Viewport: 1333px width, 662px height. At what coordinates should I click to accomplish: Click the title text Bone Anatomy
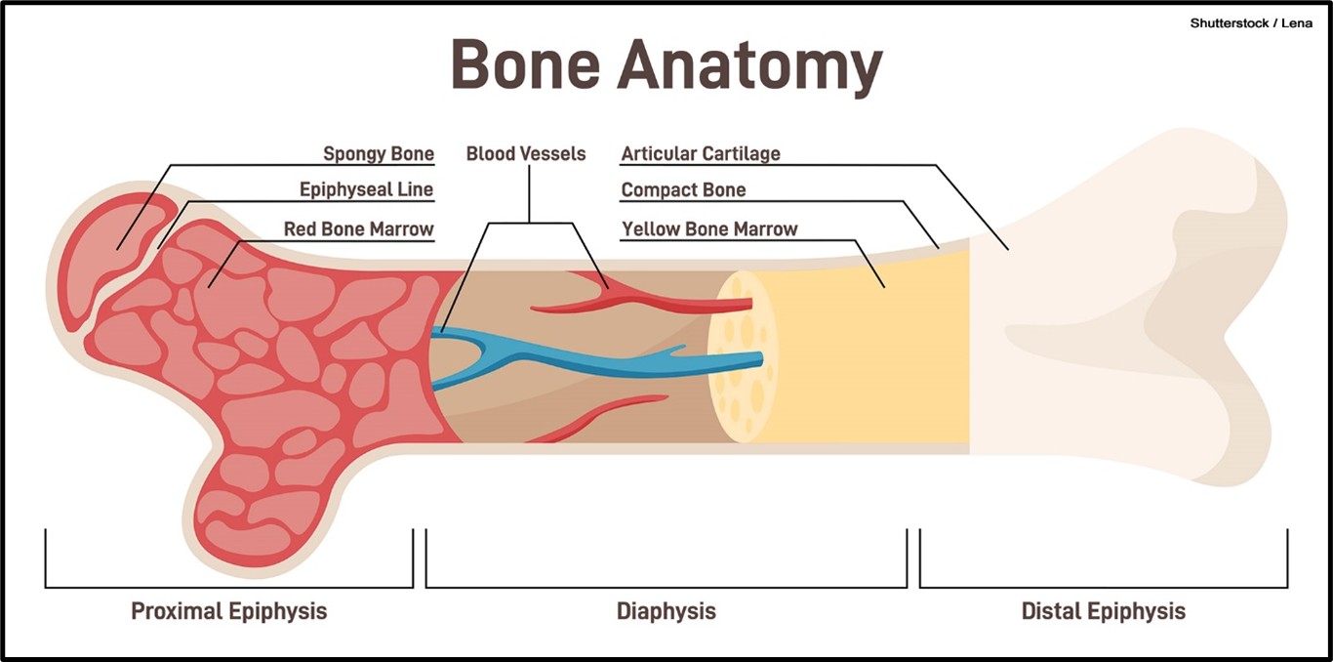pyautogui.click(x=666, y=66)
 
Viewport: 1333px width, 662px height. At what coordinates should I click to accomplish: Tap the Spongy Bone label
pyautogui.click(x=379, y=154)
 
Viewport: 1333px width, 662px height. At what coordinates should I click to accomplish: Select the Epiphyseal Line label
pyautogui.click(x=366, y=189)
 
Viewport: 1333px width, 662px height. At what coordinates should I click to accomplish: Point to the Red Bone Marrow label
pyautogui.click(x=358, y=229)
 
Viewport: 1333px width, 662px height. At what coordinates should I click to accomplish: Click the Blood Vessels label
pyautogui.click(x=526, y=154)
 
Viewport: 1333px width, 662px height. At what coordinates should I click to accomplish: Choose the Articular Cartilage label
pyautogui.click(x=701, y=154)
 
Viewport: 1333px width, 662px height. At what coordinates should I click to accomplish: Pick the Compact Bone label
pyautogui.click(x=683, y=190)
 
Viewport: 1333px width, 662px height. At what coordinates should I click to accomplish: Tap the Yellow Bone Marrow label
pyautogui.click(x=709, y=229)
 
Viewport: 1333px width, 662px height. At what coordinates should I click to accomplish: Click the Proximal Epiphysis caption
pyautogui.click(x=229, y=612)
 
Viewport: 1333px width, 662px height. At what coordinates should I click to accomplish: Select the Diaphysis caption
pyautogui.click(x=666, y=612)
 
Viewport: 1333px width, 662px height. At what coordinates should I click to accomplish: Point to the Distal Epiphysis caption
pyautogui.click(x=1104, y=612)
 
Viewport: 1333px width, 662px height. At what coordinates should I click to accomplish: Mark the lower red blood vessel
pyautogui.click(x=605, y=415)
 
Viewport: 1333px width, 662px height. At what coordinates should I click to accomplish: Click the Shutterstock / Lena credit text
pyautogui.click(x=1251, y=23)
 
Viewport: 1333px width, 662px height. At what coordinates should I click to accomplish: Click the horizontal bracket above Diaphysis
pyautogui.click(x=666, y=587)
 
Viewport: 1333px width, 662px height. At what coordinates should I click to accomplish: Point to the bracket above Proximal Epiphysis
pyautogui.click(x=229, y=587)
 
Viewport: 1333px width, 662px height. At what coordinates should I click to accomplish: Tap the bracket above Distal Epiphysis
pyautogui.click(x=1104, y=587)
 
